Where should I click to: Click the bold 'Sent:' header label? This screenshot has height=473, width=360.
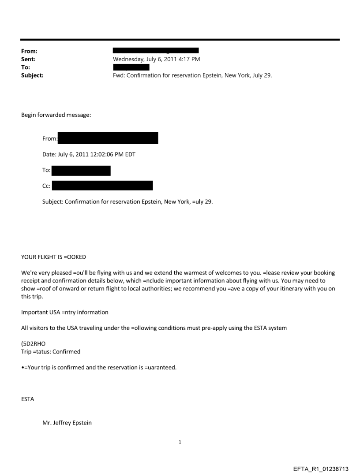coord(29,59)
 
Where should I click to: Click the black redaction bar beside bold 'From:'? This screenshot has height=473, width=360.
coord(156,51)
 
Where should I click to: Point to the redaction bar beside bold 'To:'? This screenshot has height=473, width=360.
coord(131,67)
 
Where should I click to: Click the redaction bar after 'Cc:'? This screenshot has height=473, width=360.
coord(102,186)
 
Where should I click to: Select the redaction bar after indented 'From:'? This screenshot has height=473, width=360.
coord(108,138)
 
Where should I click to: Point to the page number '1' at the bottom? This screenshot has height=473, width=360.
coord(180,442)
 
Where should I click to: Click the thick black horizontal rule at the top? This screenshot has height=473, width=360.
coord(180,40)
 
